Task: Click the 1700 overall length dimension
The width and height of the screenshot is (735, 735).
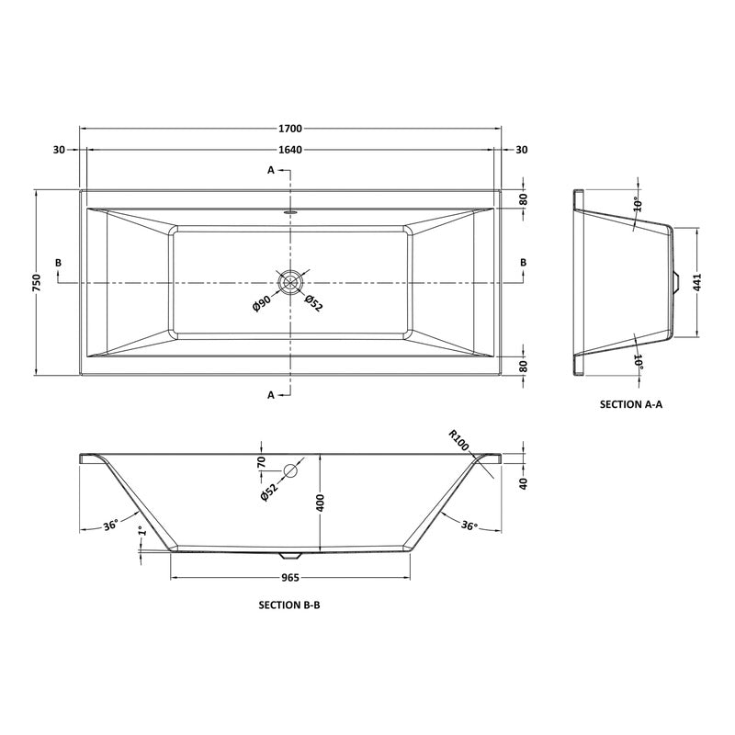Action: pos(289,129)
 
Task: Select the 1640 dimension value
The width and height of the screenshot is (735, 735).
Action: pos(289,150)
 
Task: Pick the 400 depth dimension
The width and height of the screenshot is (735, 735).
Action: pos(322,503)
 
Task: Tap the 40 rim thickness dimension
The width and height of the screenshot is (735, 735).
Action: pos(524,483)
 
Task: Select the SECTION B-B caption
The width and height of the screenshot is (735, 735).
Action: pos(289,606)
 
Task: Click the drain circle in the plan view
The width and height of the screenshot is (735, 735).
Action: pos(290,281)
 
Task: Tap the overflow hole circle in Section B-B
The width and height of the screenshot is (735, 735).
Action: pos(290,472)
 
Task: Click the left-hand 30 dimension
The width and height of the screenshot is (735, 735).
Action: pos(59,150)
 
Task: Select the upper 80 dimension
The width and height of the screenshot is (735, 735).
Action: pos(524,198)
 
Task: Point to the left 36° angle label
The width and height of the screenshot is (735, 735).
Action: pos(111,526)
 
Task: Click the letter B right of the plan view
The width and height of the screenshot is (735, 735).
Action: pos(524,263)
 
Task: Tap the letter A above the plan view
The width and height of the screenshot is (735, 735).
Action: pos(271,171)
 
